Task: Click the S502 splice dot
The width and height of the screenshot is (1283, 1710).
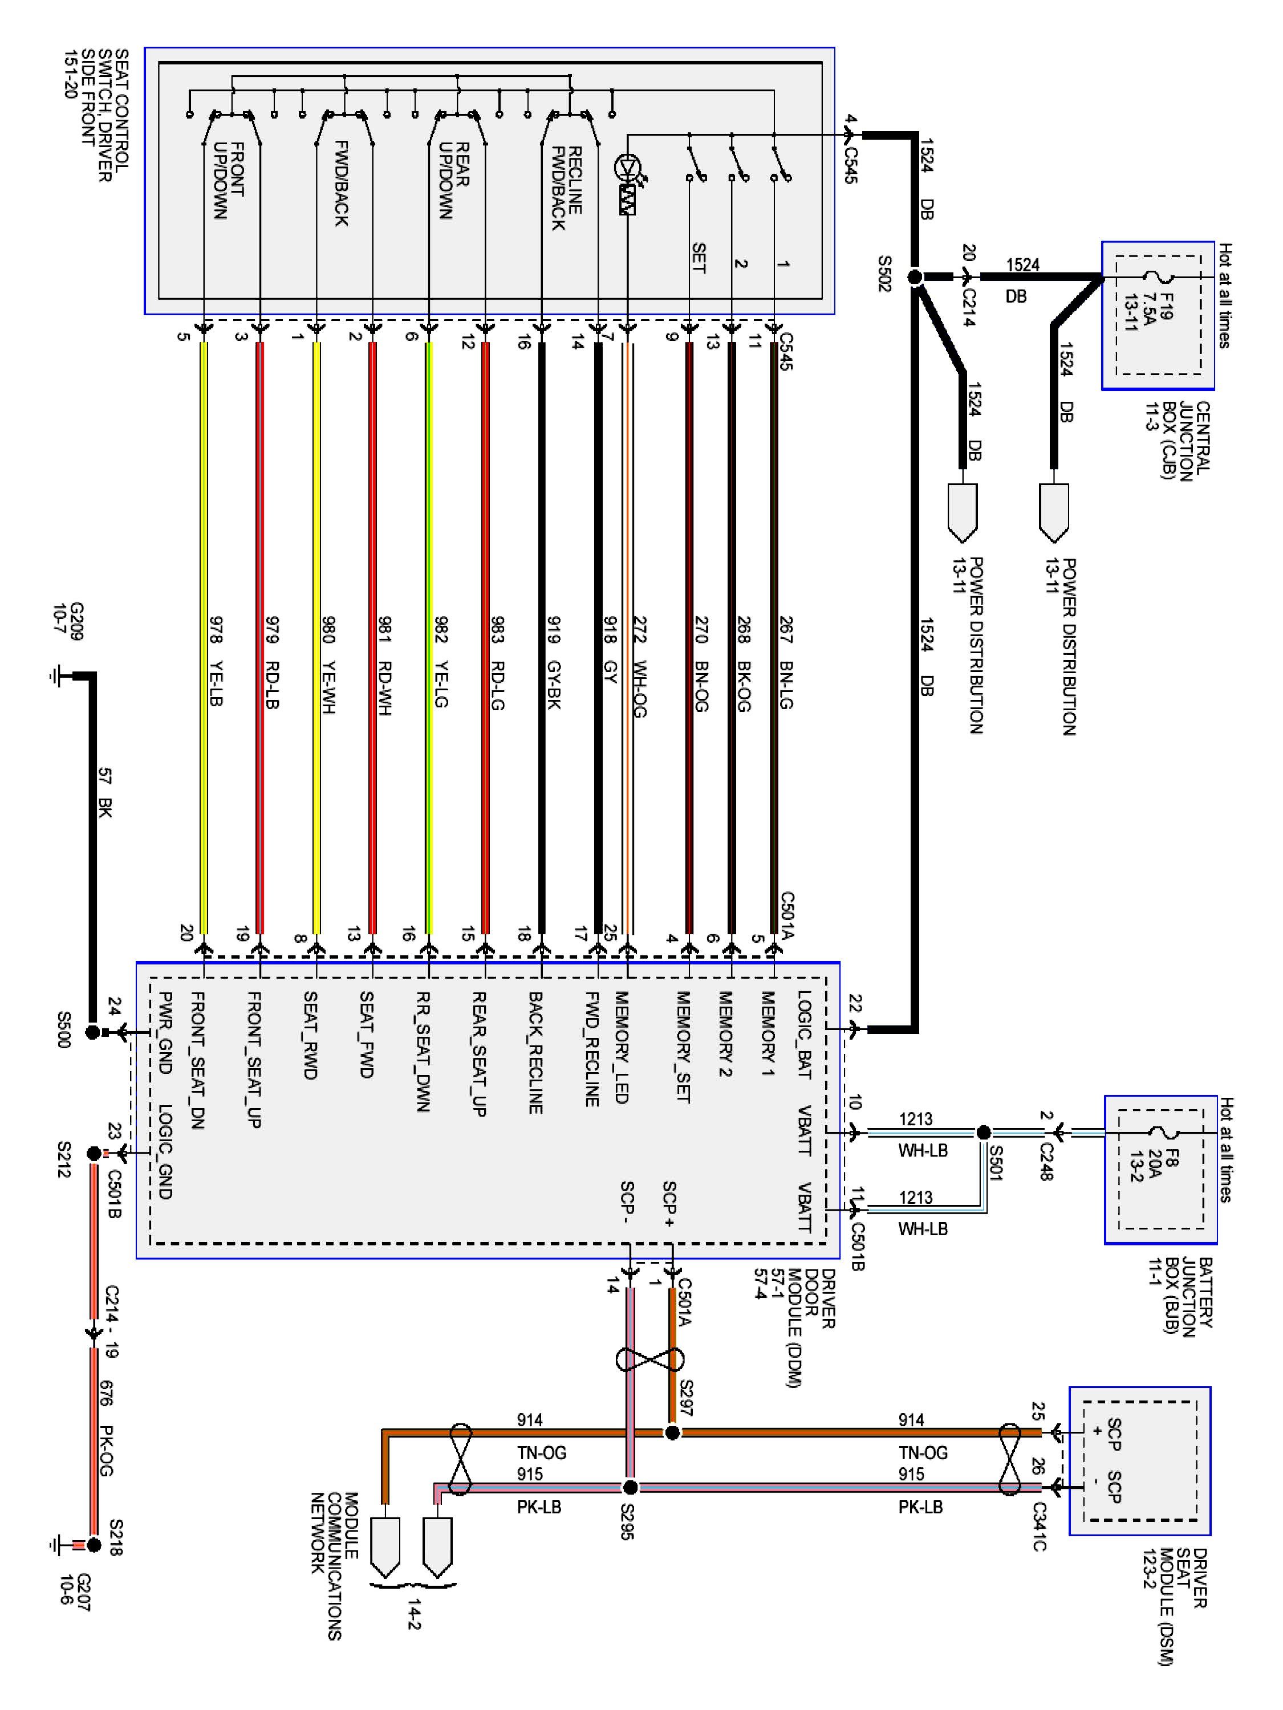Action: pyautogui.click(x=915, y=277)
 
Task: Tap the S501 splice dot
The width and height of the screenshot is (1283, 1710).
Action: pyautogui.click(x=984, y=1133)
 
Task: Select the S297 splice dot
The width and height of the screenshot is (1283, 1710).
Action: pyautogui.click(x=673, y=1432)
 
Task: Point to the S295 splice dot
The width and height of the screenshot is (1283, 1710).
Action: pyautogui.click(x=630, y=1487)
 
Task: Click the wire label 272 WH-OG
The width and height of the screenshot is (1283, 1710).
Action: pyautogui.click(x=640, y=666)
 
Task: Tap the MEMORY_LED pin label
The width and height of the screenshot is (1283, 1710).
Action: pyautogui.click(x=622, y=1048)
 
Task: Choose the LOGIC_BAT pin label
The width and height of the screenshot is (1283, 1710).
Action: pyautogui.click(x=804, y=1035)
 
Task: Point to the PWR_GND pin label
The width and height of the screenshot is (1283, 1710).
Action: pyautogui.click(x=164, y=1033)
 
